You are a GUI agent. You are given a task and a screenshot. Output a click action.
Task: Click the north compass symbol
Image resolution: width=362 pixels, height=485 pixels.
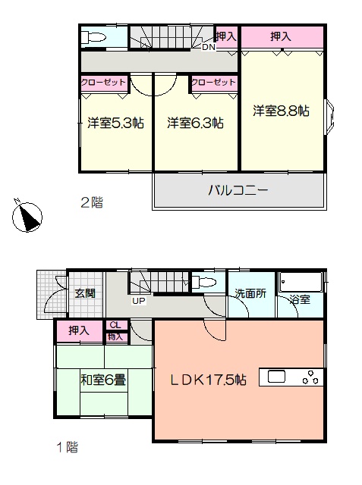tap(27, 216)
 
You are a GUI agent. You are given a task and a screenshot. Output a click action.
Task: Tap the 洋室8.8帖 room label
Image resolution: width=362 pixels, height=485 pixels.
tap(281, 111)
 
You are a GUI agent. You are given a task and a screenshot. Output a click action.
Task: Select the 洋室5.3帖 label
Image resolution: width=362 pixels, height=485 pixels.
tap(115, 123)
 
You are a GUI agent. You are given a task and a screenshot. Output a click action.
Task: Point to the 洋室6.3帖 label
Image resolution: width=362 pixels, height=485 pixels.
tap(195, 123)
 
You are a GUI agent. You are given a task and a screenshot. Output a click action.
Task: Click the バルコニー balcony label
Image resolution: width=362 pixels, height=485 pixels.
tap(238, 190)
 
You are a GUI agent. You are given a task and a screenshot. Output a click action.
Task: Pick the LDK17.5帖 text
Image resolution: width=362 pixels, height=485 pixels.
tap(209, 380)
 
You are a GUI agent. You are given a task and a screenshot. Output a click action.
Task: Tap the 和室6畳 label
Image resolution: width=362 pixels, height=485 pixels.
tap(103, 380)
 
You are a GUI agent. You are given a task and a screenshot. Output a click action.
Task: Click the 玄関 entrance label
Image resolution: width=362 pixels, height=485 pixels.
tap(85, 293)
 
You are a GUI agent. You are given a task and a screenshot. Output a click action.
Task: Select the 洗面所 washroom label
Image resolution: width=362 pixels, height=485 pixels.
tap(250, 293)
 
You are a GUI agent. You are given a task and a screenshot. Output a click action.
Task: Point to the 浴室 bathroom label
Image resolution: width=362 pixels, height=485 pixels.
tap(300, 299)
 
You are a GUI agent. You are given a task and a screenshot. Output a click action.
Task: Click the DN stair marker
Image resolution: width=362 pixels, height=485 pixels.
tap(209, 47)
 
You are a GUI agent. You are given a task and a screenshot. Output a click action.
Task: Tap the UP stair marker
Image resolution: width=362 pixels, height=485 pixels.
tap(139, 301)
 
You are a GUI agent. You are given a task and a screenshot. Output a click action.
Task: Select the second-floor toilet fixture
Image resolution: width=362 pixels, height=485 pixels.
tap(93, 37)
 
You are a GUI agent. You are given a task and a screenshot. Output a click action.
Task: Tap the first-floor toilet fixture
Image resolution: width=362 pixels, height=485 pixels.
tap(203, 283)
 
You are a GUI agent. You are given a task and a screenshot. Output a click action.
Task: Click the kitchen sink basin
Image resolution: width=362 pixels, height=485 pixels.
tap(276, 377)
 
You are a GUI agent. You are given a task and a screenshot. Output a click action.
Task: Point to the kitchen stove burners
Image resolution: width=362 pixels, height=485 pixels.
tap(310, 377)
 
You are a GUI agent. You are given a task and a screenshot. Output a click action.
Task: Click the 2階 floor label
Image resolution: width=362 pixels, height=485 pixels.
tap(92, 202)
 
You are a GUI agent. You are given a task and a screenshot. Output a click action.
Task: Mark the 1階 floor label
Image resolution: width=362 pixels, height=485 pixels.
tap(68, 447)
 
